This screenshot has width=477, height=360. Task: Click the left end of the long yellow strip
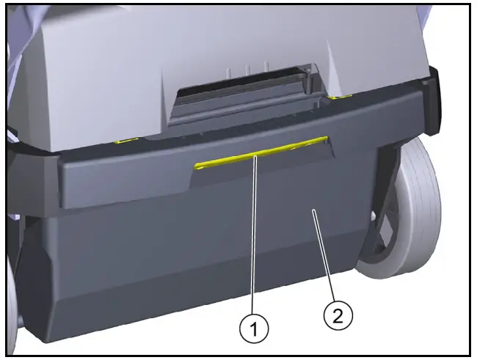(x=198, y=166)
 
